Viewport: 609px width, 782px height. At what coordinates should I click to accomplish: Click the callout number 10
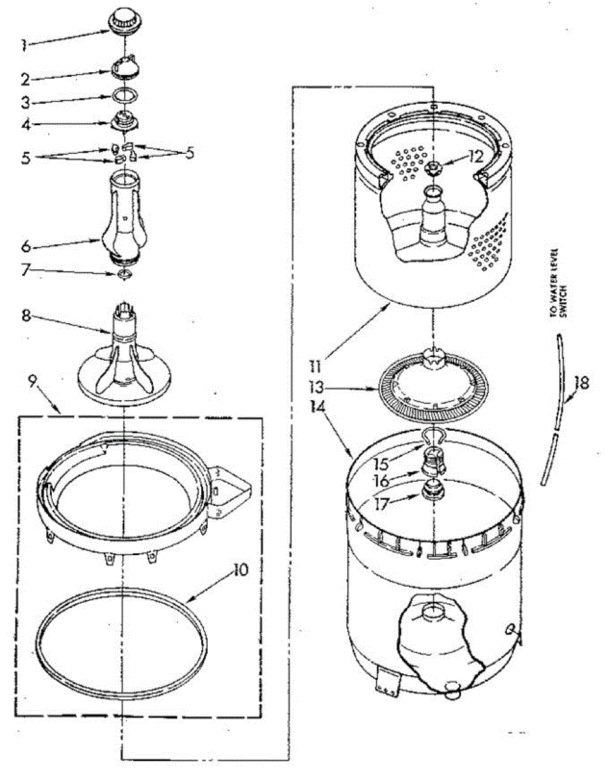pos(241,571)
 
